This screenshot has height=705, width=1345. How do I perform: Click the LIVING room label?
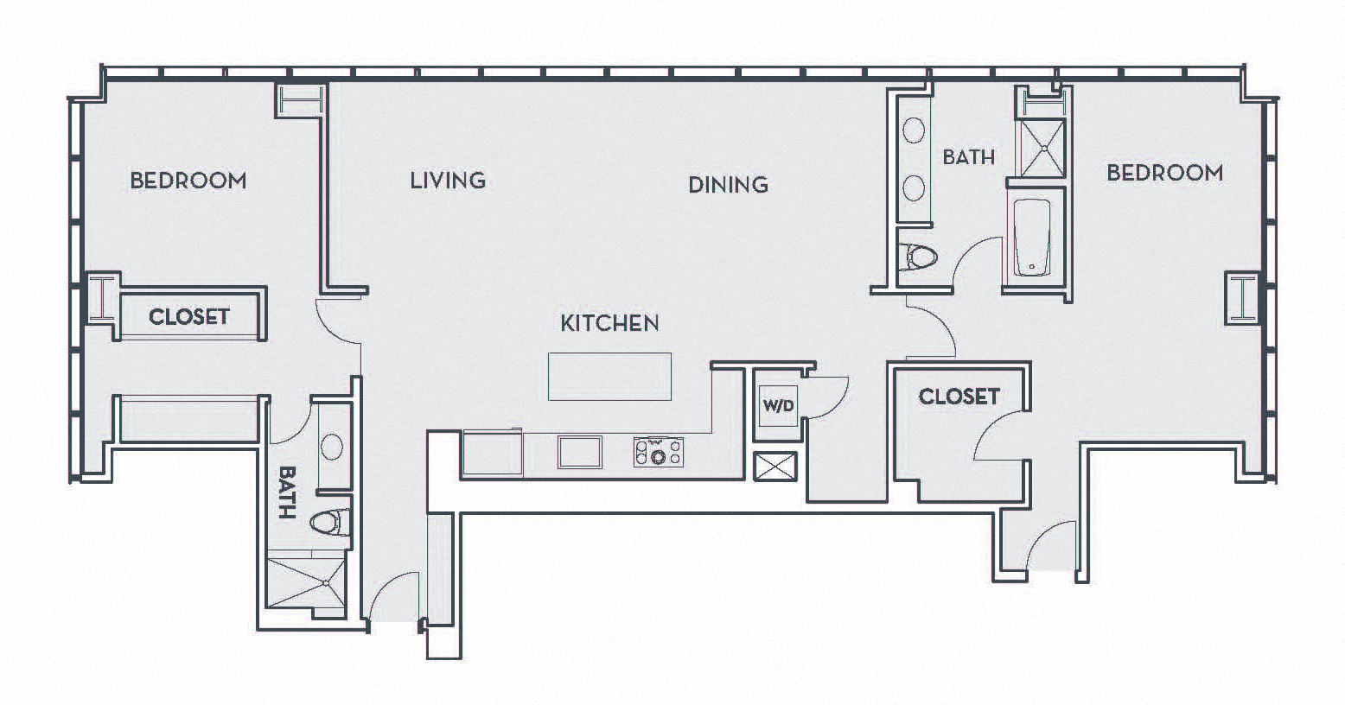pos(447,181)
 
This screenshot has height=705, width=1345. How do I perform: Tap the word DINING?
pos(728,184)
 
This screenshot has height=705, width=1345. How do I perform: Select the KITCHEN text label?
pos(609,323)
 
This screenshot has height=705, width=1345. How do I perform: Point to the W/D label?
pos(777,405)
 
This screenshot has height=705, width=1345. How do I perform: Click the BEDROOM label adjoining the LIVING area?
pos(188,181)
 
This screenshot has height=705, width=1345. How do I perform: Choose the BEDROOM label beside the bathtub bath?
pos(1164,173)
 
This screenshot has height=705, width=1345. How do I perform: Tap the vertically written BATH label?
pos(287,492)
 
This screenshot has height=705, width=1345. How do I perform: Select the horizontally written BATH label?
pos(968,157)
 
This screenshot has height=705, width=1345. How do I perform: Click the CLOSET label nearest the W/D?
pos(959,397)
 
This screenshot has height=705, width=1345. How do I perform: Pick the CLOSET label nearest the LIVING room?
pos(188,317)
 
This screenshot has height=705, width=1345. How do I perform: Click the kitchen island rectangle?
pos(609,377)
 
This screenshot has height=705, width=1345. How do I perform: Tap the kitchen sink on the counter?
pos(579,452)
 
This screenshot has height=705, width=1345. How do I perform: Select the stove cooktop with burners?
pos(659,452)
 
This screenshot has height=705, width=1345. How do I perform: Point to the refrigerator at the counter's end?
pos(492,454)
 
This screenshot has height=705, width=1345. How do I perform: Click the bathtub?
pos(1032,237)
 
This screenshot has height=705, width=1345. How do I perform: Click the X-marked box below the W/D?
pos(775,467)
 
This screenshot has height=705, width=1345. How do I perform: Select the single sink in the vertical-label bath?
pos(331,447)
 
